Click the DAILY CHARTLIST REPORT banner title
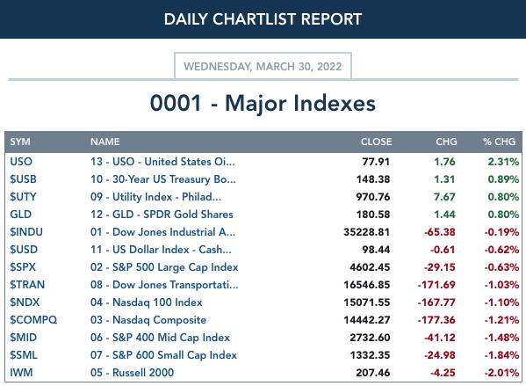[263, 19]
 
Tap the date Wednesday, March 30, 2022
[263, 67]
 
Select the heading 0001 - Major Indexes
[263, 103]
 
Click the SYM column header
[20, 142]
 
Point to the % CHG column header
[499, 142]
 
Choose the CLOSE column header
[376, 142]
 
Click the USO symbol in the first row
[21, 162]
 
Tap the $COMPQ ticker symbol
[33, 320]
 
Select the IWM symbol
[21, 373]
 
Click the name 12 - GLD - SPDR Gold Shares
[162, 215]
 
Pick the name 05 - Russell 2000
[133, 373]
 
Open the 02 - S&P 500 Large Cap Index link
[164, 267]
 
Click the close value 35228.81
[367, 232]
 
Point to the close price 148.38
[373, 179]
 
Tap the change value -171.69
[436, 285]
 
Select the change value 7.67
[444, 197]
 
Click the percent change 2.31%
[503, 162]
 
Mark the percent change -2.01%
[501, 373]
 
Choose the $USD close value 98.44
[376, 249]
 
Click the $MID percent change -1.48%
[501, 338]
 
